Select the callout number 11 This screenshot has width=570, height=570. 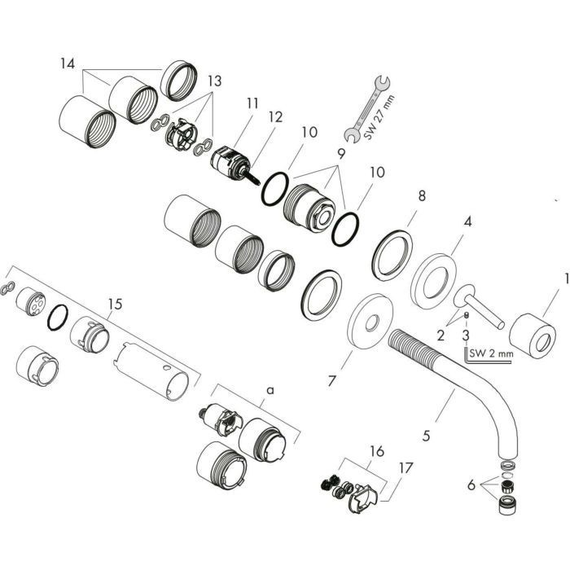coord(252,103)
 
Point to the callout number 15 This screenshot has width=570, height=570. coord(114,304)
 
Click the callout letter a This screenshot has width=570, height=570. coord(270,390)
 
